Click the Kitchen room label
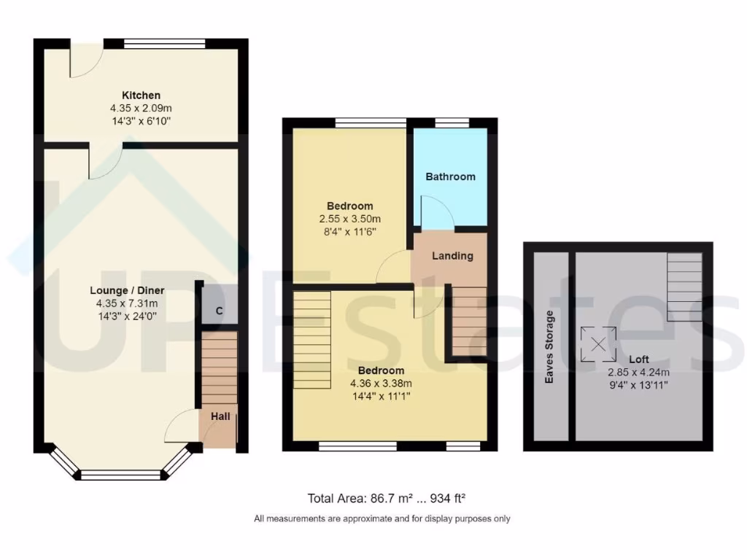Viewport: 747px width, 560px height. point(141,96)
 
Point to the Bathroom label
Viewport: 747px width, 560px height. point(450,176)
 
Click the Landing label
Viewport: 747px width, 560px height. point(452,256)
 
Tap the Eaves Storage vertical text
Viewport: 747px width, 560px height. point(550,347)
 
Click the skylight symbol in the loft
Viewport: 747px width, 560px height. point(597,345)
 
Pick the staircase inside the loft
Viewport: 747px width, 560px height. point(684,287)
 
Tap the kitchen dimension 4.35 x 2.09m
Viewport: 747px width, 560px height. point(141,109)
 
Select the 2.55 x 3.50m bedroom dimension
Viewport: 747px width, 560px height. point(349,219)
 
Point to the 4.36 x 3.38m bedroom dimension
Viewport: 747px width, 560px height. point(381,384)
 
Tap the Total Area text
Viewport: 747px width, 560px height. point(387,499)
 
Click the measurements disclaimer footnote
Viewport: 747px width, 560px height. point(382,519)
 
